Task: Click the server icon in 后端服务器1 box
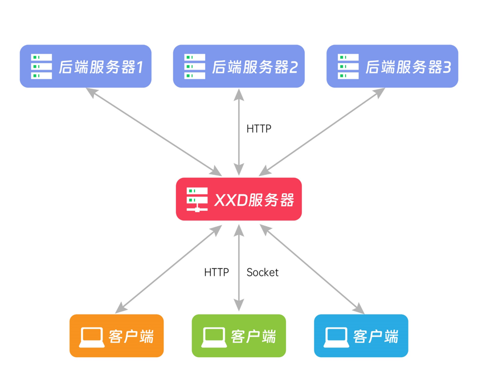[42, 66]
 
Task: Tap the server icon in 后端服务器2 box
[195, 66]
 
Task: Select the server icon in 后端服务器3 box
[348, 66]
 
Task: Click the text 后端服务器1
[100, 67]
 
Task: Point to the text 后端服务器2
[254, 67]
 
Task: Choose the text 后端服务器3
[407, 67]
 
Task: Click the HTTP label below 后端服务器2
[259, 129]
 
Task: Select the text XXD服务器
[254, 200]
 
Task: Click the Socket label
[263, 273]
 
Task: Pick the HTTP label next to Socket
[217, 273]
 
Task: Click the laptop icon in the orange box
[92, 337]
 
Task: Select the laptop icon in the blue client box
[337, 337]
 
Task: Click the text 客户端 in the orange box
[131, 337]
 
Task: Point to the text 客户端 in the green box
[254, 337]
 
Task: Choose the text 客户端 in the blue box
[376, 337]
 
